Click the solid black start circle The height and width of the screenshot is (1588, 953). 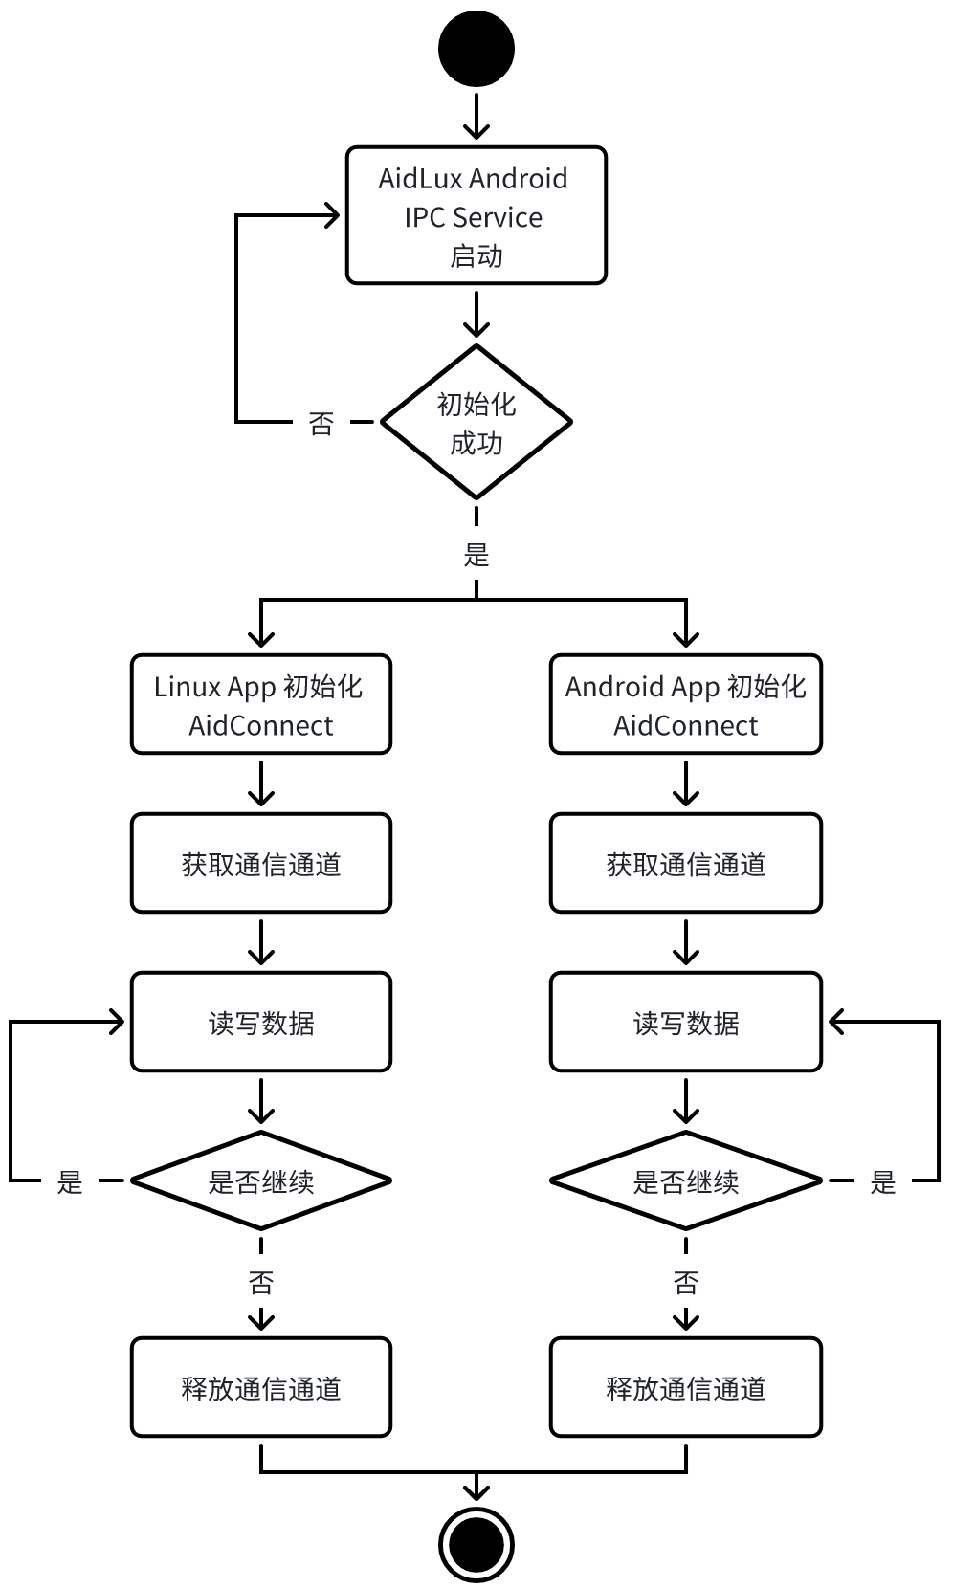click(476, 49)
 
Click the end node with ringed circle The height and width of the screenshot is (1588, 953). click(476, 1543)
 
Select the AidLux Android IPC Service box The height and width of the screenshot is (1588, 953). click(476, 215)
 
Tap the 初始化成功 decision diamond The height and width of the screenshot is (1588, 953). click(476, 422)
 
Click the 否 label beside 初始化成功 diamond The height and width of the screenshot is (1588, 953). click(321, 423)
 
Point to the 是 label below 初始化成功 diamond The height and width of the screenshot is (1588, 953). click(476, 555)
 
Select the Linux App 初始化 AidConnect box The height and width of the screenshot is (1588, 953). click(261, 705)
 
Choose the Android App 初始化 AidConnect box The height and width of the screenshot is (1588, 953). click(686, 705)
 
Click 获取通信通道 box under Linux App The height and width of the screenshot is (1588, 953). click(261, 864)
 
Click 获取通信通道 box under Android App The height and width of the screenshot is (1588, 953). click(686, 864)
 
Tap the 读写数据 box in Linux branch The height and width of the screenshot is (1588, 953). click(261, 1023)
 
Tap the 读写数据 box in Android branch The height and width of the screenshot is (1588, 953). click(686, 1023)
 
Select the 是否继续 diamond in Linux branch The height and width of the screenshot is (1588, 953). click(261, 1181)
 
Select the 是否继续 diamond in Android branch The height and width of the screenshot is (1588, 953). click(686, 1181)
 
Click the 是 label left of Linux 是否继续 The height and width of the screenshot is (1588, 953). click(70, 1182)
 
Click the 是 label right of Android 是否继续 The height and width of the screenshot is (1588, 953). click(882, 1182)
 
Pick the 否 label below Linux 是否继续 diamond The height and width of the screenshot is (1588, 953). click(261, 1282)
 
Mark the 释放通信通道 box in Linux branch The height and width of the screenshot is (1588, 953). click(261, 1388)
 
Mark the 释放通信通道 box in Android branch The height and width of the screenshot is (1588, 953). click(686, 1388)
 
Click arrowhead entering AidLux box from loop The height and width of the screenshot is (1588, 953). click(333, 216)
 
